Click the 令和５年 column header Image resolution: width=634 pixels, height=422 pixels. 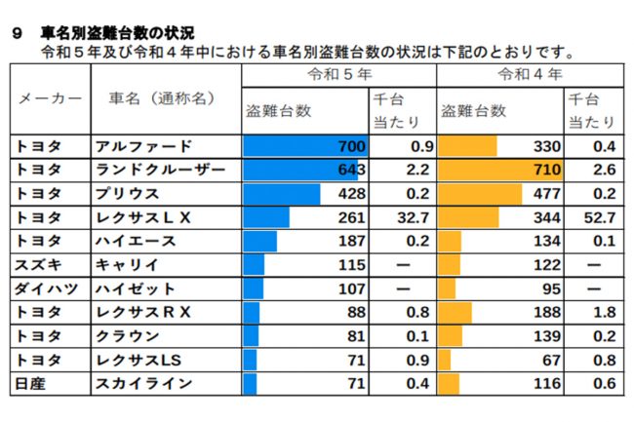pyautogui.click(x=338, y=75)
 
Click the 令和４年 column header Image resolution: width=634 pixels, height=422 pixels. pyautogui.click(x=531, y=75)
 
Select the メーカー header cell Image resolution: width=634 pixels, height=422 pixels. pyautogui.click(x=49, y=98)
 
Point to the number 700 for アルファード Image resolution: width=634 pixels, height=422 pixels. pyautogui.click(x=351, y=146)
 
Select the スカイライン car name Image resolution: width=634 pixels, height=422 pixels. pyautogui.click(x=142, y=383)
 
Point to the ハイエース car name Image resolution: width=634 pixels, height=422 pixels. pyautogui.click(x=136, y=241)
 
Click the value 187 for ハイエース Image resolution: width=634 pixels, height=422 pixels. pyautogui.click(x=351, y=241)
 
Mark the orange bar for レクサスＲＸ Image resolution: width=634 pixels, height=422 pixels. pyautogui.click(x=456, y=312)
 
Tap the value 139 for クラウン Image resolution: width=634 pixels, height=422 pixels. pyautogui.click(x=546, y=335)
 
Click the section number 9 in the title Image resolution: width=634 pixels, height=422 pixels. pyautogui.click(x=16, y=32)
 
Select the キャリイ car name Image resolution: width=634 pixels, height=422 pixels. pyautogui.click(x=127, y=264)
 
